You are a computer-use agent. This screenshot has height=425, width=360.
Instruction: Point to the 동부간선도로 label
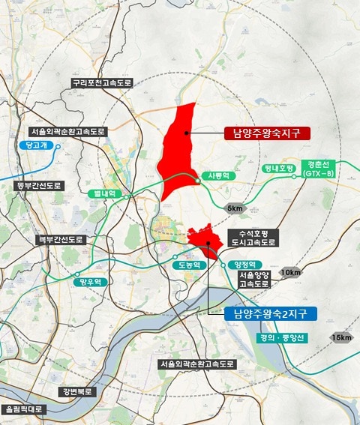click(31, 184)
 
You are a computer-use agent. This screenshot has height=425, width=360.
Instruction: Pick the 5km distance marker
click(235, 208)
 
